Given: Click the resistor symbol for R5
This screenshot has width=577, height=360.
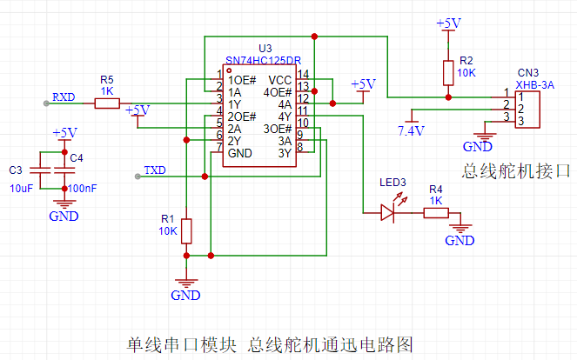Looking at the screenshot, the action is [x=107, y=103].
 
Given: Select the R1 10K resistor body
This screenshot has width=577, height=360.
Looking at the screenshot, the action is [x=186, y=231].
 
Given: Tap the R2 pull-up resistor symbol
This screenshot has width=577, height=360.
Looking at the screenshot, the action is [x=448, y=73].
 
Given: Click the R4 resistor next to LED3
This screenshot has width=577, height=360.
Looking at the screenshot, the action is [x=436, y=213].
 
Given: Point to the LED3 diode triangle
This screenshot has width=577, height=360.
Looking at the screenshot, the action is [x=387, y=212].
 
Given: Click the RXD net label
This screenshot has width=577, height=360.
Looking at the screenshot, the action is [x=64, y=97].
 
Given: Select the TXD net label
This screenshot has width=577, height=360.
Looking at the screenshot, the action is [x=155, y=170].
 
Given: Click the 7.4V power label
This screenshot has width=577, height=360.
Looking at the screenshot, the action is [x=411, y=131].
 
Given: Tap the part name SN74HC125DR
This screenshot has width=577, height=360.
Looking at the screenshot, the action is [x=264, y=60].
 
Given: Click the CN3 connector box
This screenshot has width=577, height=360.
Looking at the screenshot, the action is [x=527, y=110].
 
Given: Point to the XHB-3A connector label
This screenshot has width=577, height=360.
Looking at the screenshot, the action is [x=534, y=85].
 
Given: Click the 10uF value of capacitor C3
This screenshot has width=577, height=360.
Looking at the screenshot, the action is [x=22, y=189].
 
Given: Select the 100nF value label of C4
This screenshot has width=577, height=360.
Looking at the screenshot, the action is [x=83, y=189].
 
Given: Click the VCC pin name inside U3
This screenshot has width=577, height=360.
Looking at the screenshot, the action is [x=280, y=80].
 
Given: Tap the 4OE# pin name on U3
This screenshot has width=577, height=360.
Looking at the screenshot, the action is [x=278, y=92].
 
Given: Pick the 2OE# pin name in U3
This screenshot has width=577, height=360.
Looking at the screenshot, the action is [x=242, y=117].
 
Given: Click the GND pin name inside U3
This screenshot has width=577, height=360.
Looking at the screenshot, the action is [x=240, y=153].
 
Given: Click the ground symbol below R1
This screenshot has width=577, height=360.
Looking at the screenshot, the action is [x=186, y=283].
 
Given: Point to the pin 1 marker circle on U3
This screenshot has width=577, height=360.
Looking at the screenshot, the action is [x=229, y=70].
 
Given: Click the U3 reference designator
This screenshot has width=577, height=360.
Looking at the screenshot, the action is [x=265, y=49].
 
